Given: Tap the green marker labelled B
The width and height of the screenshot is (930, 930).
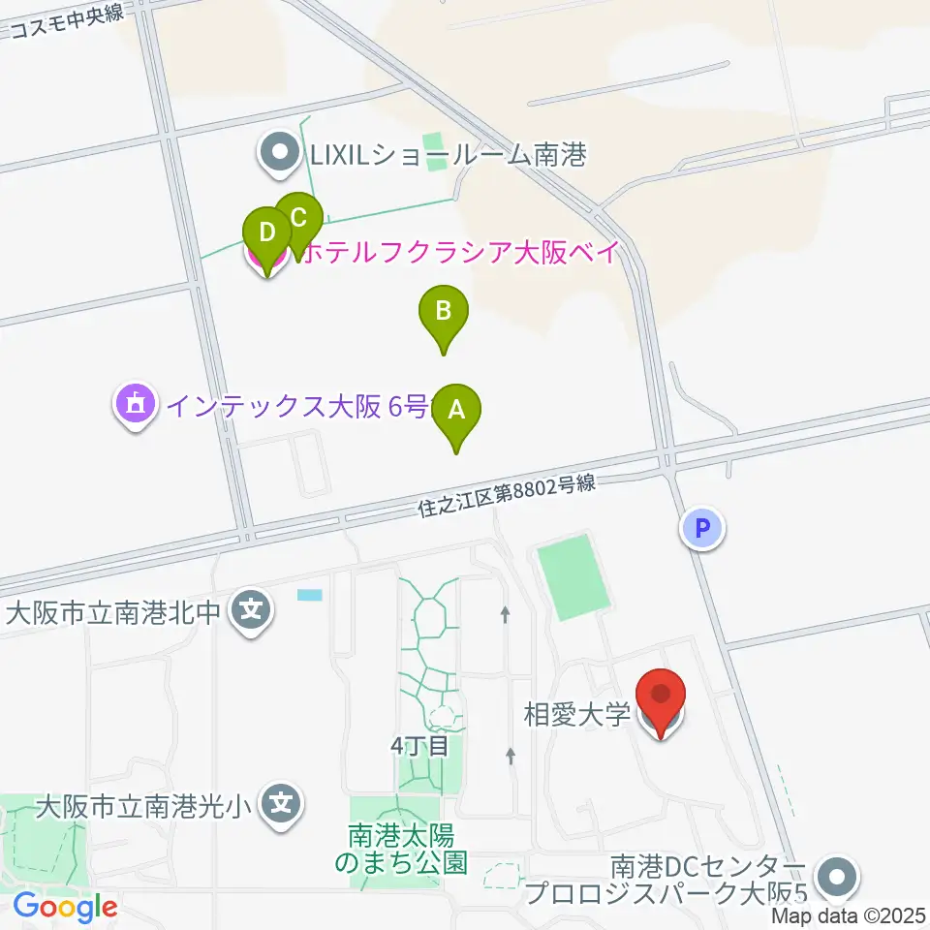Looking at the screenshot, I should (x=444, y=313).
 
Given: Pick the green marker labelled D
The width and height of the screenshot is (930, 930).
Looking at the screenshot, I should (x=267, y=233).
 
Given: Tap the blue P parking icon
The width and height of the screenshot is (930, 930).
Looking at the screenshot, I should (x=704, y=529).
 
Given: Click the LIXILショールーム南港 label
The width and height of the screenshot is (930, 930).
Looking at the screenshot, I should (x=449, y=153).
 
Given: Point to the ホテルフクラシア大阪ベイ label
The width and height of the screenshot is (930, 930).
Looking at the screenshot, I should (x=461, y=254).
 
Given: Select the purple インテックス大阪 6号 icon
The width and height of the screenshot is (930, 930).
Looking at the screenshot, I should (x=135, y=404).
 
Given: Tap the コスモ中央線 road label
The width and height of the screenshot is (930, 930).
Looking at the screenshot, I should (x=68, y=20).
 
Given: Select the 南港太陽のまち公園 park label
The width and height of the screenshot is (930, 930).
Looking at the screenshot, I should (x=401, y=846).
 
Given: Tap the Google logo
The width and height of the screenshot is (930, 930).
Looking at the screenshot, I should (x=65, y=907).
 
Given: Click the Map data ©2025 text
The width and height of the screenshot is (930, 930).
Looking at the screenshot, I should (x=849, y=914).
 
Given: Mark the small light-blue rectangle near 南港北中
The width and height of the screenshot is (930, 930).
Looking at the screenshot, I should (x=310, y=594).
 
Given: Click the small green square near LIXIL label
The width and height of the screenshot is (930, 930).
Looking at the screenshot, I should (x=438, y=153).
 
